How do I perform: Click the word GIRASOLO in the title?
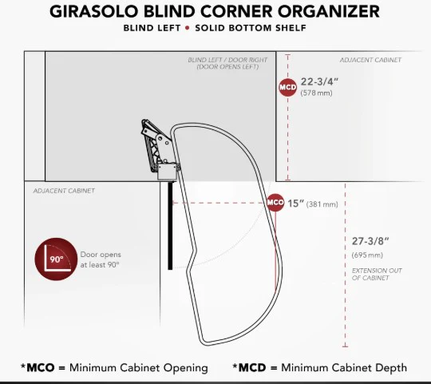[94, 11]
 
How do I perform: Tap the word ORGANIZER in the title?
[329, 11]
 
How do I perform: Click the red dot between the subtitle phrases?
[188, 28]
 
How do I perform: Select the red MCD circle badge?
[288, 87]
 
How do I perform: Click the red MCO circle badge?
[275, 203]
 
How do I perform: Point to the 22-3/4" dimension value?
[319, 81]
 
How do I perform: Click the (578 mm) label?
[316, 93]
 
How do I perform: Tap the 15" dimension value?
[296, 204]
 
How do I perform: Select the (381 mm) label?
[322, 204]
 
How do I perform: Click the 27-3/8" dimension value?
[370, 241]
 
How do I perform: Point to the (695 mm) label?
[367, 255]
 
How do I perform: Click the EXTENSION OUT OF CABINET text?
[377, 274]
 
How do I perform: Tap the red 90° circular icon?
[56, 259]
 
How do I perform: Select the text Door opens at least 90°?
[101, 259]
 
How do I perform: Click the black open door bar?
[171, 226]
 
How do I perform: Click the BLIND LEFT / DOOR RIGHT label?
[227, 63]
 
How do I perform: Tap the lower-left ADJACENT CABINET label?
[64, 191]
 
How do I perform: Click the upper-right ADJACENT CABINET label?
[370, 60]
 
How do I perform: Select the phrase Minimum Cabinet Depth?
[344, 367]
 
